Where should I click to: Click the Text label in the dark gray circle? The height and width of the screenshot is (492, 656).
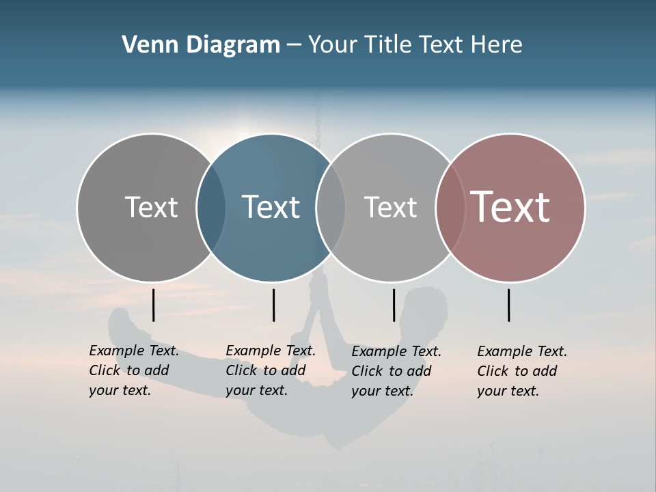(151, 207)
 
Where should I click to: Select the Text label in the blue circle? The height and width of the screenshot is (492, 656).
(271, 207)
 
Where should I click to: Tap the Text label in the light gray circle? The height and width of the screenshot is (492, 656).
(390, 207)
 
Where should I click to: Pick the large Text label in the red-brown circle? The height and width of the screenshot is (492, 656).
(510, 207)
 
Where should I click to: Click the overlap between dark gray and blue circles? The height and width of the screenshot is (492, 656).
(211, 207)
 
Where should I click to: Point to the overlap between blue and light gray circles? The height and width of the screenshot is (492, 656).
(331, 207)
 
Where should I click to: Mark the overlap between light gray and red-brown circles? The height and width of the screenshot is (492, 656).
(450, 207)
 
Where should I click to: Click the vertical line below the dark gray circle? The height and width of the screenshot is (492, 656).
(154, 305)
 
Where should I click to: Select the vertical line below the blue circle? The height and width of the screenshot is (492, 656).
(273, 305)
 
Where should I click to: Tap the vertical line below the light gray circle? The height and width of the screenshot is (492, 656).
(394, 305)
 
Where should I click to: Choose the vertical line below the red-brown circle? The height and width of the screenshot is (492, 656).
(508, 305)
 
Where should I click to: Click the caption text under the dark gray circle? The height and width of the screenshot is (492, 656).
(133, 370)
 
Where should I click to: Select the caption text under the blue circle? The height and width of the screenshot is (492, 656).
(270, 370)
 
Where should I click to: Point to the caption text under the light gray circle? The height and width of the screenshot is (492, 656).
(396, 371)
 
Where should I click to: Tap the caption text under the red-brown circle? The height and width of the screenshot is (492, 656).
(521, 371)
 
